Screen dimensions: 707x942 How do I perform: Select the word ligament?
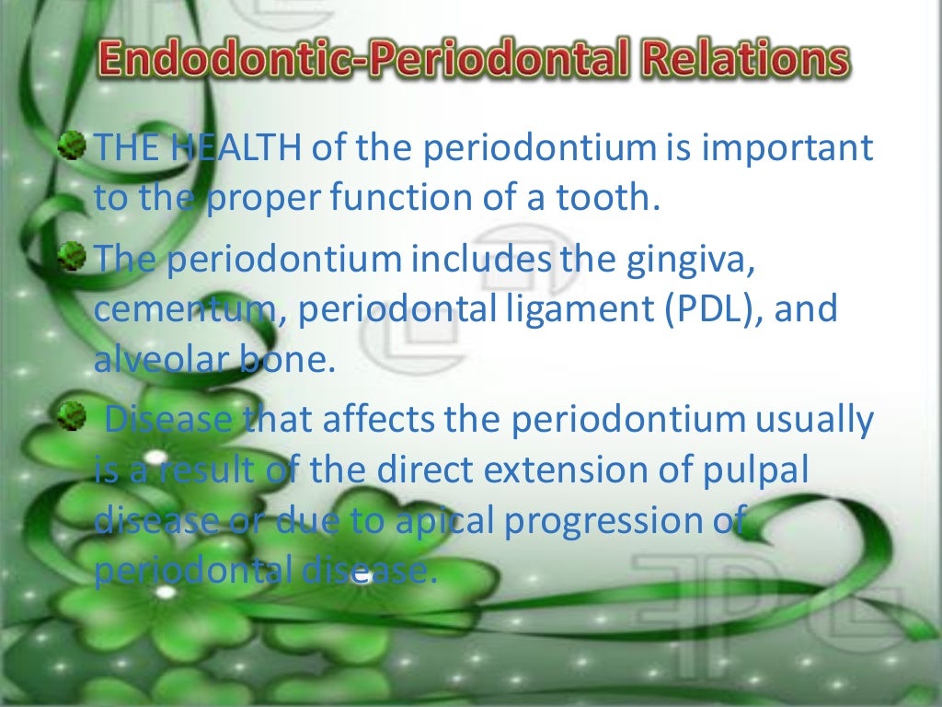pyautogui.click(x=569, y=310)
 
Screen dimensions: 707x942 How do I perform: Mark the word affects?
pyautogui.click(x=378, y=421)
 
